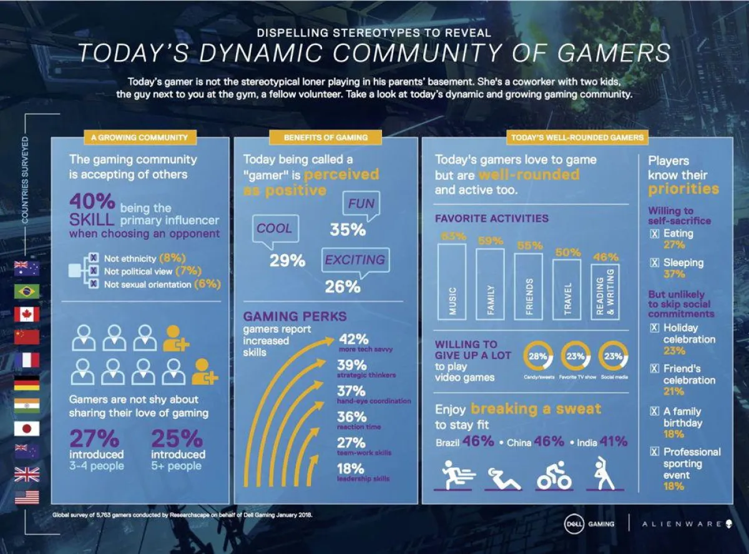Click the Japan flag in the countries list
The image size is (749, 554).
tap(27, 428)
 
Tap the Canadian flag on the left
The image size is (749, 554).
tap(27, 314)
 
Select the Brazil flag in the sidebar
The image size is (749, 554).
tap(27, 292)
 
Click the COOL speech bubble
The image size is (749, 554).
tap(275, 229)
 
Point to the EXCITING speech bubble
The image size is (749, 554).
tap(355, 260)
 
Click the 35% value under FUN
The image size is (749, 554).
tap(348, 230)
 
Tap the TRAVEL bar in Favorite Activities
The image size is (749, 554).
tap(567, 289)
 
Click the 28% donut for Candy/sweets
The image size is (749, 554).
tap(538, 357)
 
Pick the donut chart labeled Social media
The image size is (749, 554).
tap(614, 357)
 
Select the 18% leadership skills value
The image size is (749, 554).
tap(351, 468)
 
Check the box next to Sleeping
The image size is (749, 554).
tap(654, 263)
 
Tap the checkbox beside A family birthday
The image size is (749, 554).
tap(654, 412)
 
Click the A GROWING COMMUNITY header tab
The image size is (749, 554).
tap(139, 137)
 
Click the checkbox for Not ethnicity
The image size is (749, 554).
tap(93, 257)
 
